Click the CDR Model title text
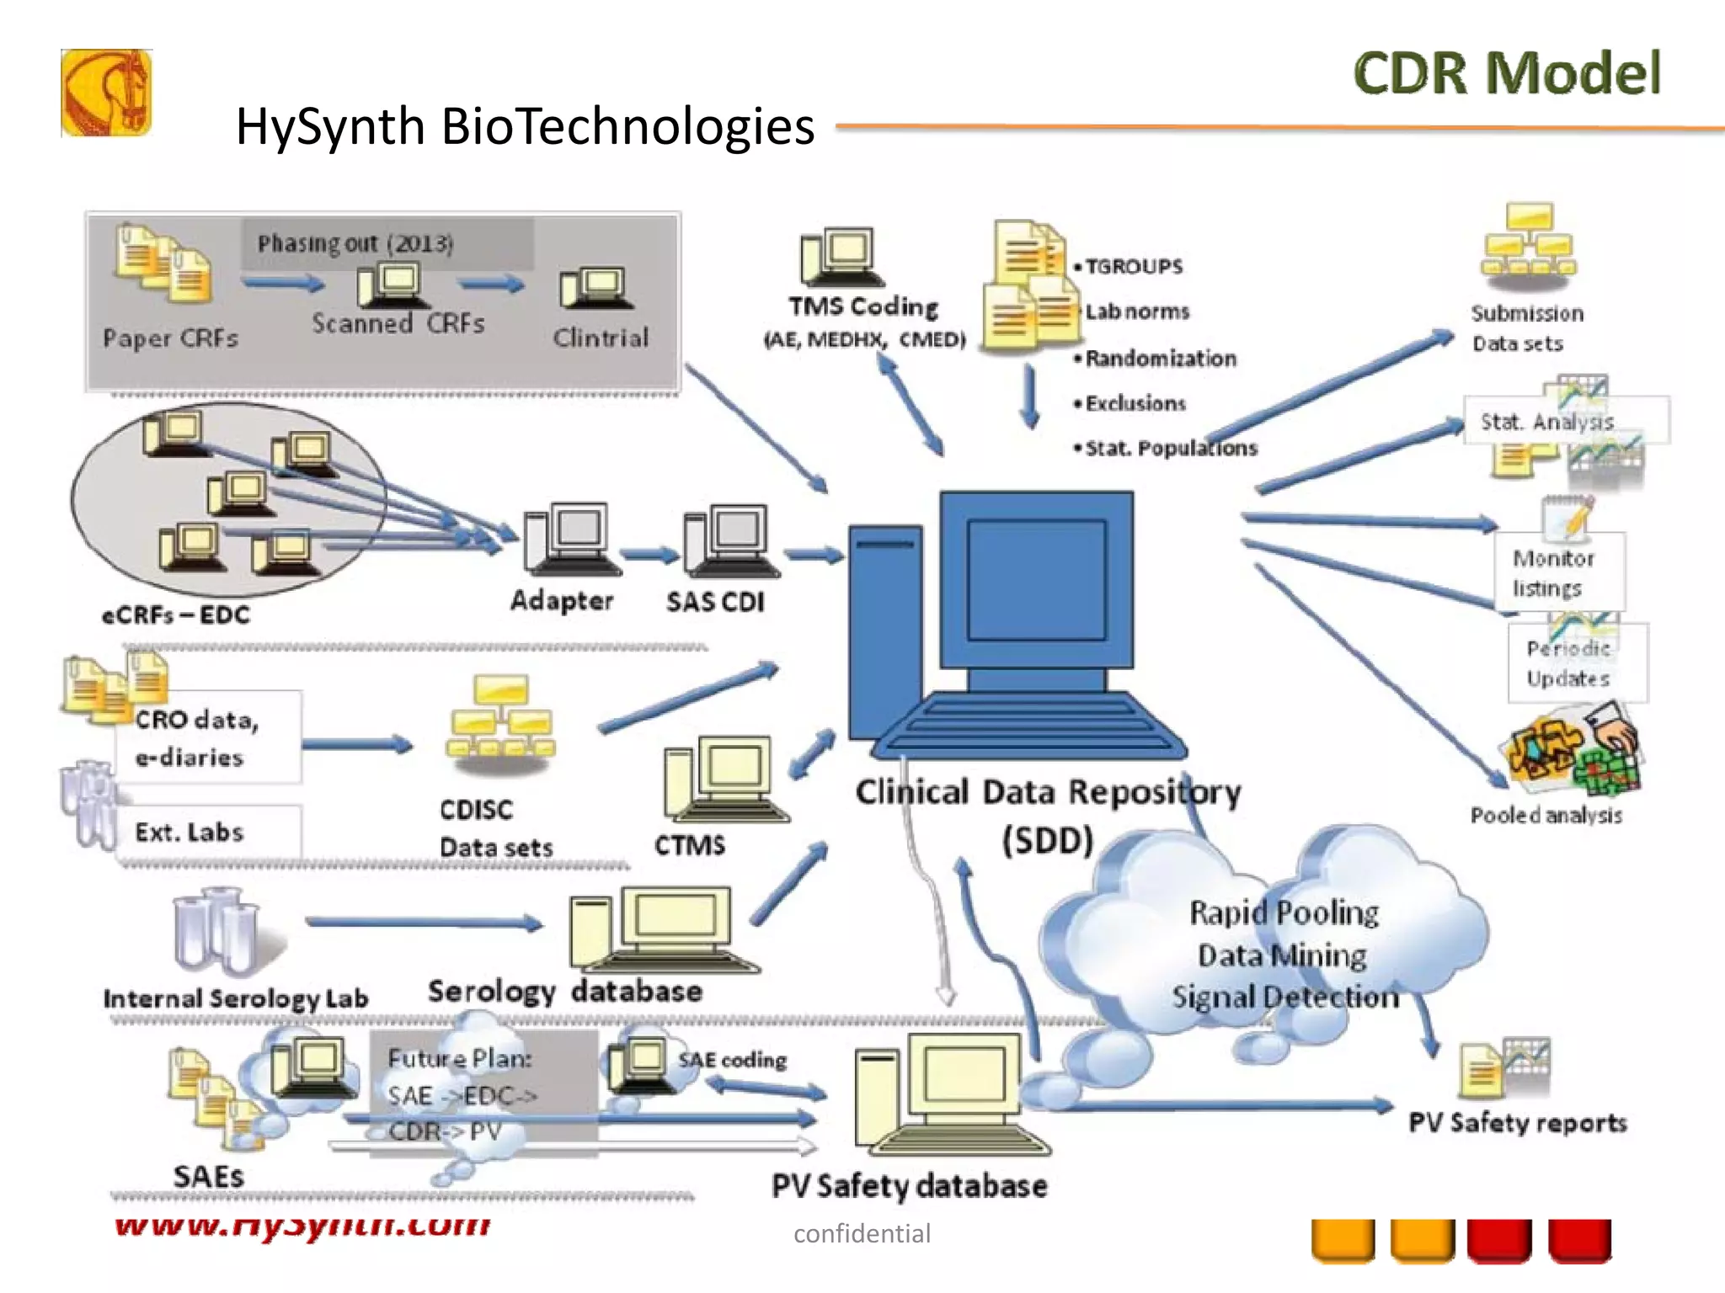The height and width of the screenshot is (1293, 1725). [x=1507, y=73]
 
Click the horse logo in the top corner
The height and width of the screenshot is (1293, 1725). [x=106, y=93]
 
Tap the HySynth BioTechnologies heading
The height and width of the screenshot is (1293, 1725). [x=525, y=126]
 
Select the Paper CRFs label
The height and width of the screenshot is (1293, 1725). [x=170, y=338]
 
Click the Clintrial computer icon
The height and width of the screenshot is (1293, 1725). [x=593, y=289]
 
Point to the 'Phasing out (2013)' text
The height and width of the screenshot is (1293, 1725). [x=355, y=243]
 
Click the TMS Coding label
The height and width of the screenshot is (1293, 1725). [x=863, y=306]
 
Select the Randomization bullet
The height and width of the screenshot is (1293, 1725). [x=1160, y=359]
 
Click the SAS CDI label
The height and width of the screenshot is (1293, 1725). [x=715, y=602]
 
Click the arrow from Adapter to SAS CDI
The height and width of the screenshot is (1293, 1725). [x=649, y=555]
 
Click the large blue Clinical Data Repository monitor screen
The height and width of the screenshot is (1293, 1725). [x=1036, y=581]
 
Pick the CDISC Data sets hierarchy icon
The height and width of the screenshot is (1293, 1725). [x=501, y=720]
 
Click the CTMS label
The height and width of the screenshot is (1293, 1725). [x=689, y=844]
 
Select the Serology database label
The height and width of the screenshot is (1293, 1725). [x=564, y=992]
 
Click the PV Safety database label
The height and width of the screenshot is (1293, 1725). [x=909, y=1185]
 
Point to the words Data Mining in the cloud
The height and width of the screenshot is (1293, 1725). [x=1282, y=955]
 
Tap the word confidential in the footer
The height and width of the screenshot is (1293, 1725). [x=862, y=1234]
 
